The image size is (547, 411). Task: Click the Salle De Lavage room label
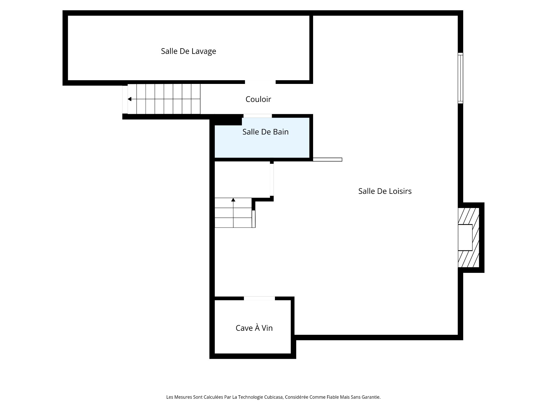point(188,51)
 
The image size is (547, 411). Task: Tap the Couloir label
point(258,99)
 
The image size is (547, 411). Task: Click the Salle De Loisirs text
point(385,191)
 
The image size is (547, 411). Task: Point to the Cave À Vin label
point(254,328)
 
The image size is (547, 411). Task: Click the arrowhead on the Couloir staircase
point(130,99)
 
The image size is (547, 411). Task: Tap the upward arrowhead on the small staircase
point(233,200)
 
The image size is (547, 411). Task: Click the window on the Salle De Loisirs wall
point(460,78)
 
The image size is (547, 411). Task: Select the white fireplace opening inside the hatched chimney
point(465,237)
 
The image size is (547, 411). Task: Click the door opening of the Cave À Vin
point(259,298)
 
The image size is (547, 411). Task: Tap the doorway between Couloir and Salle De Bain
point(258,116)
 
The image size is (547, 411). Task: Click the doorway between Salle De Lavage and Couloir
point(260,82)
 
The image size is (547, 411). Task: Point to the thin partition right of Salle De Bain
point(327,160)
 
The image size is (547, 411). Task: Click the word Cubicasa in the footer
point(272,397)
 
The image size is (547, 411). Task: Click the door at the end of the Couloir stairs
point(125,99)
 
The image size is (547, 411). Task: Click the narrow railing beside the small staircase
point(254,219)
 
